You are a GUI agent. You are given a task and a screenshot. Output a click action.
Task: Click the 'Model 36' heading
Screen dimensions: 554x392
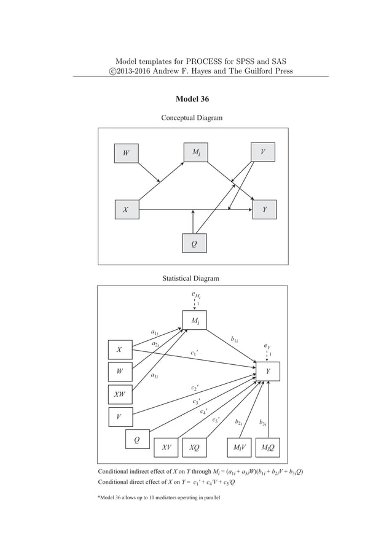[x=196, y=99]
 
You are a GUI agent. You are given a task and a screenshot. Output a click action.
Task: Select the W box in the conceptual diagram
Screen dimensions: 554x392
[x=127, y=153]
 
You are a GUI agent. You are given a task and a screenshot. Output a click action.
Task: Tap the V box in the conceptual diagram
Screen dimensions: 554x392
[x=263, y=152]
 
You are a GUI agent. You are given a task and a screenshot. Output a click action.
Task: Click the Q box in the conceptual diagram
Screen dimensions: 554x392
[x=194, y=243]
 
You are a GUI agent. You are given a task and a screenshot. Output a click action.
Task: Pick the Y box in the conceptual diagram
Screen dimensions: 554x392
[x=265, y=209]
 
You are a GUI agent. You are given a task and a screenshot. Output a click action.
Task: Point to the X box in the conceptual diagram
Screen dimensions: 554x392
[x=127, y=209]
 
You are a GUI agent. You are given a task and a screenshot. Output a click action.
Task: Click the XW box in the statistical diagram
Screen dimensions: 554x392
[x=119, y=394]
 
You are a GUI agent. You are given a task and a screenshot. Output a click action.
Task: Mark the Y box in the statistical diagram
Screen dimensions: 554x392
[x=268, y=372]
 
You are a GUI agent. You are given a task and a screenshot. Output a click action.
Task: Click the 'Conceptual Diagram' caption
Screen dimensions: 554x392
[x=191, y=117]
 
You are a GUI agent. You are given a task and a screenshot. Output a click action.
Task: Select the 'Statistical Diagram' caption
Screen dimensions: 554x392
[x=190, y=278]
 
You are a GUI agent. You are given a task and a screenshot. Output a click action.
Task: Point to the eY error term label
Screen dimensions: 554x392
[x=267, y=346]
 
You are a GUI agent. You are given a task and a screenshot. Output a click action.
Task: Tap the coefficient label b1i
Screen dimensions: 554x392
[x=235, y=338]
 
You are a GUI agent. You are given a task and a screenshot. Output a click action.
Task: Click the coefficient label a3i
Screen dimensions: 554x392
[x=155, y=375]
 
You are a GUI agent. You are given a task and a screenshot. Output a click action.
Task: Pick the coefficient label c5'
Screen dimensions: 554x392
[x=216, y=421]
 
